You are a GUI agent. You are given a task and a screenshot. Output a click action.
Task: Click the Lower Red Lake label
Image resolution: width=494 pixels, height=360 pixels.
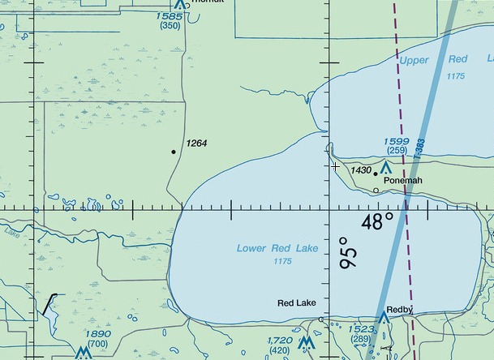tap(277, 248)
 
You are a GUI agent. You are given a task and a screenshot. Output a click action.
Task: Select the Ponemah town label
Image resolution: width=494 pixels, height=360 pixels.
tap(403, 180)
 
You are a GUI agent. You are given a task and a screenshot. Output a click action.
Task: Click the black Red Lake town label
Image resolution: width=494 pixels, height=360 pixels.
tap(297, 303)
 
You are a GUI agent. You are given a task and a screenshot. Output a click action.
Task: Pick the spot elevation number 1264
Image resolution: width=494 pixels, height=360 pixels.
tap(197, 144)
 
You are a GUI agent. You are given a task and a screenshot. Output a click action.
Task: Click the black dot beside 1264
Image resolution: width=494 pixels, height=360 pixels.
tap(174, 152)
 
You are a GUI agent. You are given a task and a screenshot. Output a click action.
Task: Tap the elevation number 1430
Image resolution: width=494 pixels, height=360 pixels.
tap(361, 170)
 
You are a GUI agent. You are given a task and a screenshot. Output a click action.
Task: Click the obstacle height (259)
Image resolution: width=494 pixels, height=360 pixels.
tap(397, 151)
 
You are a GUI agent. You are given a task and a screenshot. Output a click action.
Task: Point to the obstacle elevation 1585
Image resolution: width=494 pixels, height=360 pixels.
tap(170, 15)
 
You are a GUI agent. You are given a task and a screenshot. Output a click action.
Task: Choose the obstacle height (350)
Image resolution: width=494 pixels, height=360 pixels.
tap(170, 26)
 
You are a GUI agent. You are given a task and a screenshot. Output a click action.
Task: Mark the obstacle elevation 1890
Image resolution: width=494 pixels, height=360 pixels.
tap(98, 334)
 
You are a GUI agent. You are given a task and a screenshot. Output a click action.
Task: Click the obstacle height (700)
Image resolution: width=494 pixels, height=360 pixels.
tap(98, 344)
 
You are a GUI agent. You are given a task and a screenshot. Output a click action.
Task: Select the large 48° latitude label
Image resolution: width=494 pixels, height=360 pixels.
tap(377, 221)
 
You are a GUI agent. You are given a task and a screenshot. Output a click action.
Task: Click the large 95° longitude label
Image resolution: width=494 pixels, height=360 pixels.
tap(347, 252)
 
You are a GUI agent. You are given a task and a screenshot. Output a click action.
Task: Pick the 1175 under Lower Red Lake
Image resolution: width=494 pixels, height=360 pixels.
tap(283, 261)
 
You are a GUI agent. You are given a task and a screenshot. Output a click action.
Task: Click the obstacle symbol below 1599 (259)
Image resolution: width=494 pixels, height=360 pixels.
tap(385, 167)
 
